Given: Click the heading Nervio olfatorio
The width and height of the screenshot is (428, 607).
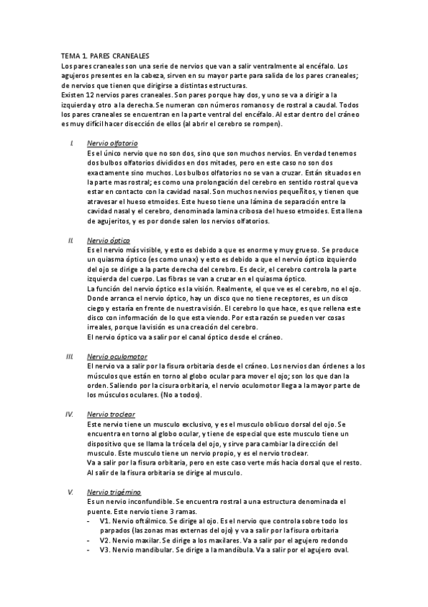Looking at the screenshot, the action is point(112,143).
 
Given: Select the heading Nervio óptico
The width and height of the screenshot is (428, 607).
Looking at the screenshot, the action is point(109,241).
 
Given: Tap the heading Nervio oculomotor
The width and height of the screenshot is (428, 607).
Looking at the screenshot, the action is point(116,356).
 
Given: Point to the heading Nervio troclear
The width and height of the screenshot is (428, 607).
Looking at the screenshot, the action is point(110,414).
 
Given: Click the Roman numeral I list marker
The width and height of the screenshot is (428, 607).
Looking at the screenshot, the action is point(72,143).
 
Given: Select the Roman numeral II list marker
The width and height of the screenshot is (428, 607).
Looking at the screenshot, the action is point(71,241).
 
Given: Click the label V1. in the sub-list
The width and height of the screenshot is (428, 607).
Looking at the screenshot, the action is point(105,521).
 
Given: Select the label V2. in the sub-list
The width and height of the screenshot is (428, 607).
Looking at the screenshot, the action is point(105,540).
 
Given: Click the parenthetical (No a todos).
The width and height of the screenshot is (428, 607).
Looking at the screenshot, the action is point(181,395).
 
